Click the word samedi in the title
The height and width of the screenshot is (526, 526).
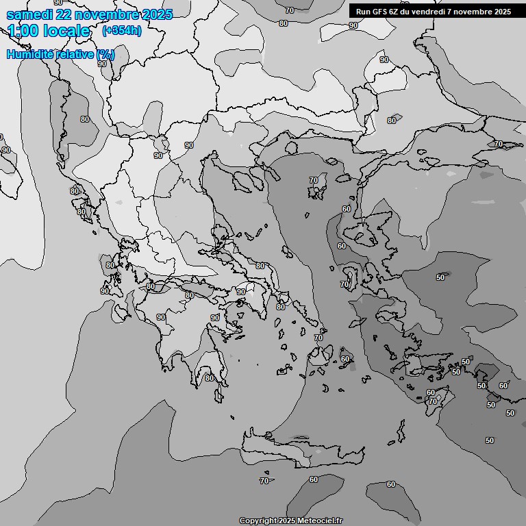(27, 14)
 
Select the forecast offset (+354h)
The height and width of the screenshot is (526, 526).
(121, 31)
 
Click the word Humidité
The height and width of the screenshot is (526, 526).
(30, 54)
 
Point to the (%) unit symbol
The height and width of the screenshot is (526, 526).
(105, 54)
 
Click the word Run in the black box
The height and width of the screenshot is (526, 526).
(363, 11)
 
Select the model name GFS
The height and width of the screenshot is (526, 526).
(379, 11)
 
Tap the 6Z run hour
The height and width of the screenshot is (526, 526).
(394, 11)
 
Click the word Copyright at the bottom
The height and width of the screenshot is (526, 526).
(258, 521)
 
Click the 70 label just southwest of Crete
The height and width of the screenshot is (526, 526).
(264, 481)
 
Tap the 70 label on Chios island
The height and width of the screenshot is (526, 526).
(345, 284)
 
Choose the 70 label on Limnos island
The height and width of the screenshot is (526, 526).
(314, 181)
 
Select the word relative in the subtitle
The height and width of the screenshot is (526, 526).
(74, 54)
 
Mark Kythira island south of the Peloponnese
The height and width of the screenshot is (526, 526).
(232, 416)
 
